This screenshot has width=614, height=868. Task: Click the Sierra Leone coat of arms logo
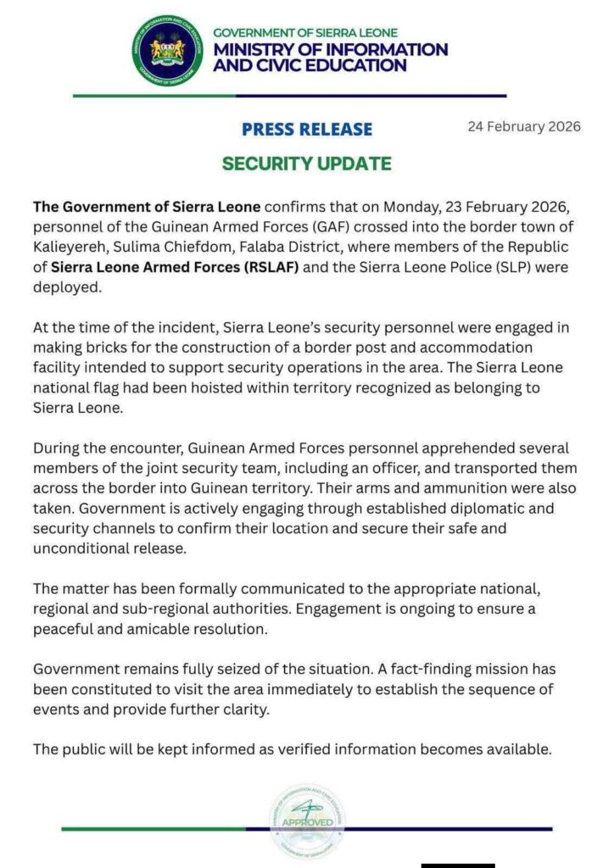166,51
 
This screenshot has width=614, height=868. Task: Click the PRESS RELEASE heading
306,130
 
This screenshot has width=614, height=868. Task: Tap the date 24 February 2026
524,127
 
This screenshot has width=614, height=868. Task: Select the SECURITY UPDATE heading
306,164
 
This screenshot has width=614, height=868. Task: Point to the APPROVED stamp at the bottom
307,821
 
